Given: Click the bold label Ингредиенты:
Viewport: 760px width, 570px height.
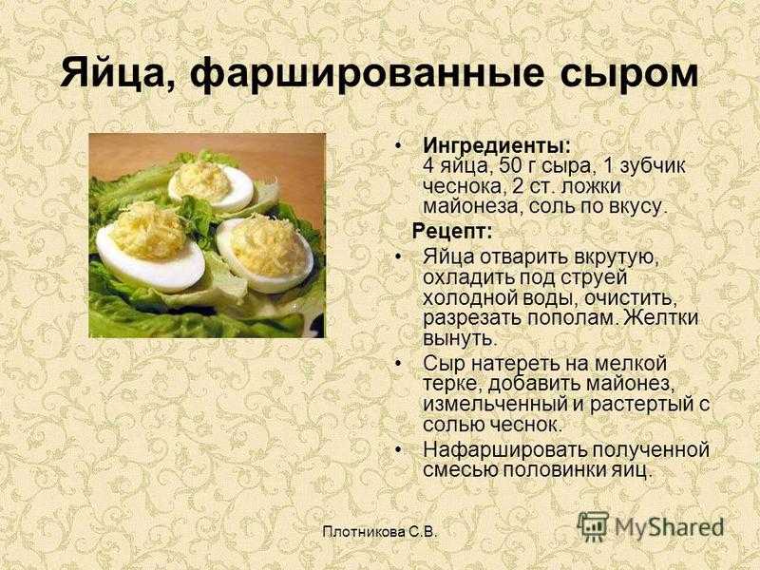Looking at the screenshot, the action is (497, 145).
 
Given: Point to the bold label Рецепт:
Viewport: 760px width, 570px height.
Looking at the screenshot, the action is (452, 231).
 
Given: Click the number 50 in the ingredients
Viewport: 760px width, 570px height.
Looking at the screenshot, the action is (509, 165).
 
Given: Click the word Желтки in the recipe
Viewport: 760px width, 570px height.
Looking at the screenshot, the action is (660, 318).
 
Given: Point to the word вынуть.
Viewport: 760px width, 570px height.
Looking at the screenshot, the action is (461, 339).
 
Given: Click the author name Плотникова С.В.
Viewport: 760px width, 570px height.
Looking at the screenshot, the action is (379, 532).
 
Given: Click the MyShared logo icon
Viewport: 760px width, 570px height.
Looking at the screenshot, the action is (592, 526).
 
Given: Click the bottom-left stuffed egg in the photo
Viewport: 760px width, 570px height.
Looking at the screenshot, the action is (150, 248).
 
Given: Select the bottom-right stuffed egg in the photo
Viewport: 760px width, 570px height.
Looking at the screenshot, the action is (265, 254).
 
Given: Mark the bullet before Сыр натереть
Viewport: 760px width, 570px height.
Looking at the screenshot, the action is (398, 363).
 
